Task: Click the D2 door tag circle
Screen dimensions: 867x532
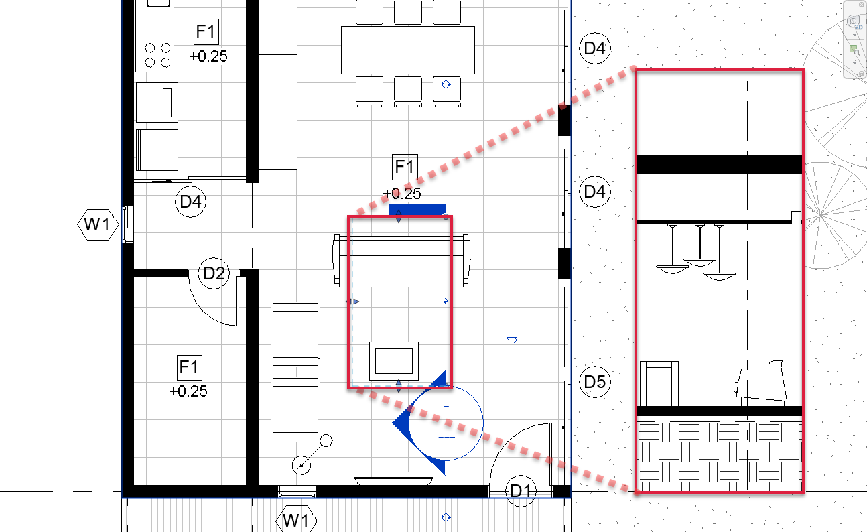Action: (x=214, y=273)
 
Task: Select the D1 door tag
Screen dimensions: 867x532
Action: (x=521, y=491)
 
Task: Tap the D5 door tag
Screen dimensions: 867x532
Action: (x=595, y=382)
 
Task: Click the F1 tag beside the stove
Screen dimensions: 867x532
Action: (x=206, y=31)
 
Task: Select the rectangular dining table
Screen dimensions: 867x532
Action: (x=408, y=50)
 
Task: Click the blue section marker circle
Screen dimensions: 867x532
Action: (x=446, y=423)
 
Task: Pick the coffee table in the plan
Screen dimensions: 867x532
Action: (x=394, y=361)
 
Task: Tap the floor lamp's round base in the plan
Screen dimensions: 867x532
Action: (x=301, y=465)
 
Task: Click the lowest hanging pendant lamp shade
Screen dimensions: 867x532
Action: (x=719, y=277)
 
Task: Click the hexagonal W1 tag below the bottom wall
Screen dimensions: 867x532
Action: (x=296, y=520)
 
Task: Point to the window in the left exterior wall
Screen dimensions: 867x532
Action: (x=128, y=225)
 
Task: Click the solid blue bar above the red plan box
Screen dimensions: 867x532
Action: (x=417, y=210)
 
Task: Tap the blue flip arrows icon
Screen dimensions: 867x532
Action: (x=512, y=339)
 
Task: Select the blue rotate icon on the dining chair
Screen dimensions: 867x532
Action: (x=446, y=84)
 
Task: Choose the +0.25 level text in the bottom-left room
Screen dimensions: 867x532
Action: (x=188, y=391)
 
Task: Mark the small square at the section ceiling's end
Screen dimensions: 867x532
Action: (x=796, y=218)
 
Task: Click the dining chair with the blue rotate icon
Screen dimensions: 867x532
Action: (x=447, y=91)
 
